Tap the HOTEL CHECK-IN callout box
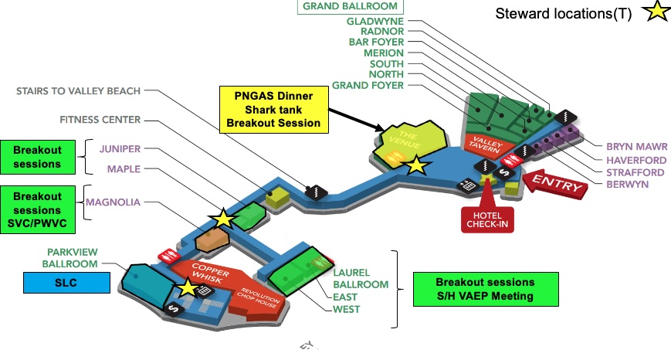(x=486, y=219)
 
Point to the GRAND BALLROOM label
(x=350, y=6)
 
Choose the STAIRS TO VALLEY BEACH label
(x=79, y=91)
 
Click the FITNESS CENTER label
(x=100, y=120)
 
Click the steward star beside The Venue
(x=416, y=165)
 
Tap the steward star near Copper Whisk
(x=188, y=289)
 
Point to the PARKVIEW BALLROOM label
(x=73, y=258)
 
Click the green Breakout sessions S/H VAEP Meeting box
(x=484, y=288)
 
